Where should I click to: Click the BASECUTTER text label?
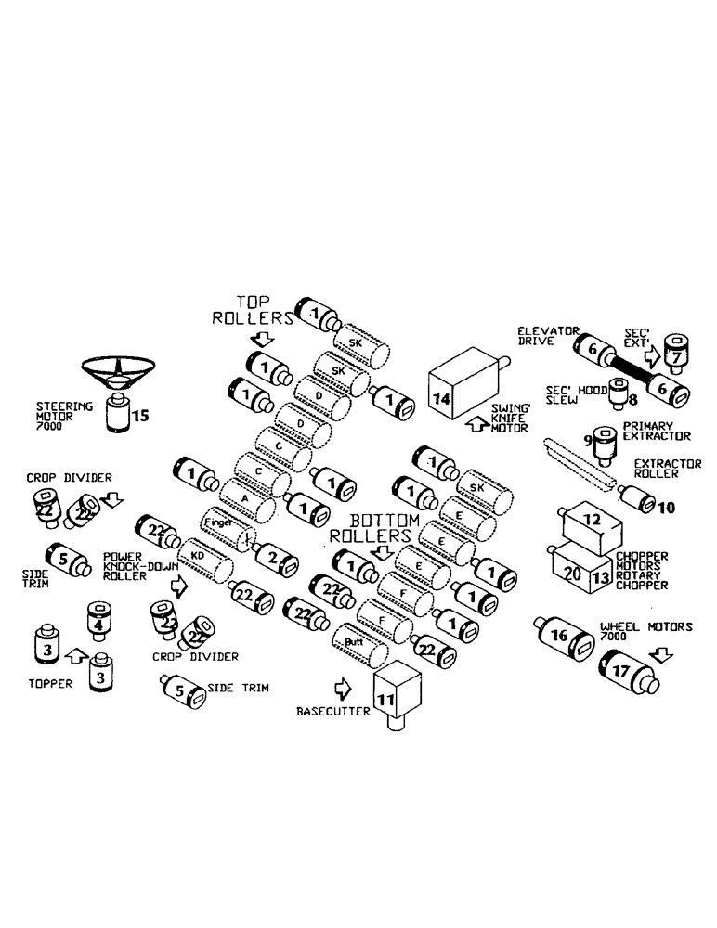(332, 713)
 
